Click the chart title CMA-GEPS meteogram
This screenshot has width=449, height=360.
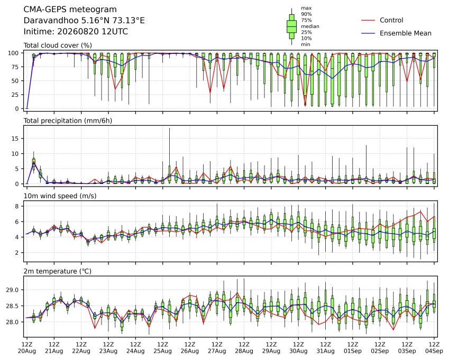70,10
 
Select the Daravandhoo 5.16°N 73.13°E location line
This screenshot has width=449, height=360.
84,21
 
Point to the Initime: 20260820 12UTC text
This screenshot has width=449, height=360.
76,32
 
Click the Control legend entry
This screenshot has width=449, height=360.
391,20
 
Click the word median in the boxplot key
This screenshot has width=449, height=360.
310,26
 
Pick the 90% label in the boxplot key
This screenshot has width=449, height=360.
306,14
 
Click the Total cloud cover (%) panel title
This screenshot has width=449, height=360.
58,45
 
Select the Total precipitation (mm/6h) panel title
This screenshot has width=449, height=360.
68,121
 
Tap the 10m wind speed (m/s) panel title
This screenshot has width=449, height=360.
60,196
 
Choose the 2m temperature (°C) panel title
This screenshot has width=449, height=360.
57,271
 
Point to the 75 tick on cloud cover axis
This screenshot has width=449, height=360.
15,67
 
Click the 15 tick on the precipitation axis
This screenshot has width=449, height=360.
15,139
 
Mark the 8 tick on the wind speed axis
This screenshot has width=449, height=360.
17,206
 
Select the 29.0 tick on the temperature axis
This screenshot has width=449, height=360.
12,290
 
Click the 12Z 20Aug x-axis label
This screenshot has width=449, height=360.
27,348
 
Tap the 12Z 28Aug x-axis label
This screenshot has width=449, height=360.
244,348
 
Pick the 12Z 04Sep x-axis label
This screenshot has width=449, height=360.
434,348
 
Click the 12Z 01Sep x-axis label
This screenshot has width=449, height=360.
353,348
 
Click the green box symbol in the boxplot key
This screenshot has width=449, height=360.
292,26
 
